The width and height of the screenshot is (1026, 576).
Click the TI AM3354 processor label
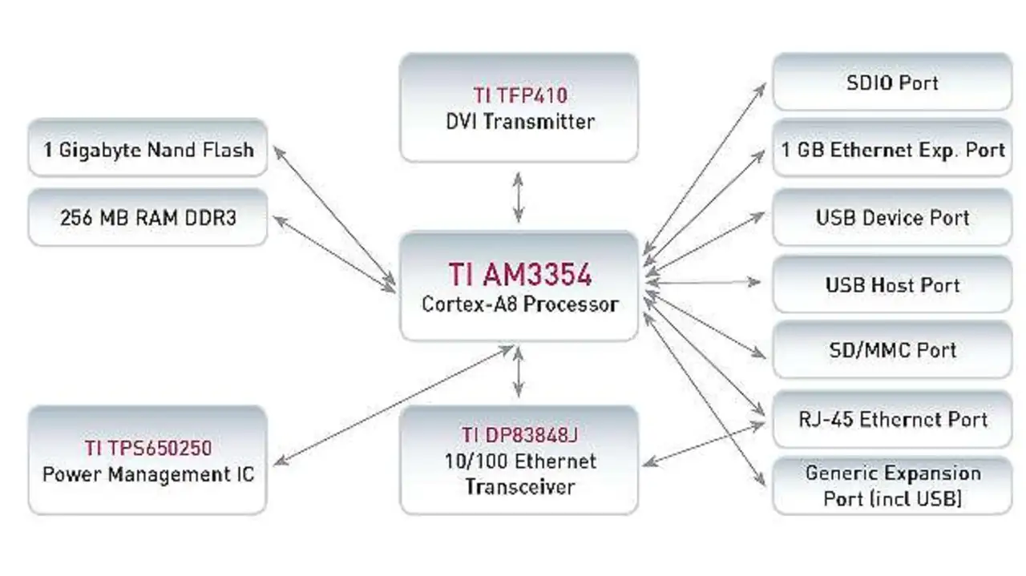coord(519,275)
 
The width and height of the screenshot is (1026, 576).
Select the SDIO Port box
coord(891,83)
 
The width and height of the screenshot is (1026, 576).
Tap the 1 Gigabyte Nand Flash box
coord(147,149)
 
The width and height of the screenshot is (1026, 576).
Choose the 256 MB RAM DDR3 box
coord(147,217)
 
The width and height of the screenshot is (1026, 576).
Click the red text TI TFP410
coord(519,96)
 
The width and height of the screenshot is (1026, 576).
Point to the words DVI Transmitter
coord(519,122)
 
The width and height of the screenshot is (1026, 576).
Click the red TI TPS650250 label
coord(147,448)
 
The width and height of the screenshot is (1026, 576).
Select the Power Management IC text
coord(147,473)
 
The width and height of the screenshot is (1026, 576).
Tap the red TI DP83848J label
coord(519,435)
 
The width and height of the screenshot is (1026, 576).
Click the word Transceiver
coord(519,486)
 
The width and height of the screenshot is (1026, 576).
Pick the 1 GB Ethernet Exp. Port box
coord(891,150)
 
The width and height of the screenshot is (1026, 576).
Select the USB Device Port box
coord(891,217)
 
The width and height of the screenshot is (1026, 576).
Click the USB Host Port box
coord(891,285)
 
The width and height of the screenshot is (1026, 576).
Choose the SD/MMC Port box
coord(891,350)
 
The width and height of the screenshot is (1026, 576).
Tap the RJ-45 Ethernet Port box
coord(891,419)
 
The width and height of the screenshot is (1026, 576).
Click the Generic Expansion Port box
coord(891,485)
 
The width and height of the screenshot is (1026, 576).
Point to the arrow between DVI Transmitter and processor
coord(519,196)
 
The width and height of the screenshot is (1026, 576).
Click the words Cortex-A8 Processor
coord(519,304)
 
